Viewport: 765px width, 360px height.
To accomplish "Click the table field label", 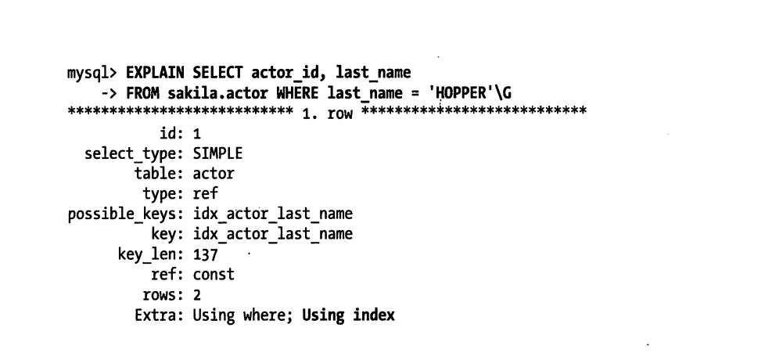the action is click(157, 174).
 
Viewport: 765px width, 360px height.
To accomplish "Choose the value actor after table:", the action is click(214, 174).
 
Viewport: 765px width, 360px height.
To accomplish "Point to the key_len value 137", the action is click(206, 254).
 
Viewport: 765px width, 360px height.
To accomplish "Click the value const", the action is click(214, 275).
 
